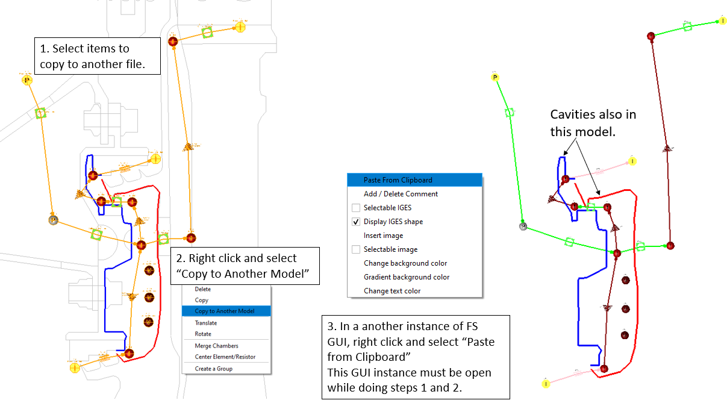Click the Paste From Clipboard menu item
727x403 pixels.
tap(398, 180)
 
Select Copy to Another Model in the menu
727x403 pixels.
tap(224, 311)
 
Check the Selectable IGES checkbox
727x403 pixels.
tap(356, 208)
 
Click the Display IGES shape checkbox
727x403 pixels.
tap(356, 222)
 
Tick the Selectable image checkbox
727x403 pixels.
tap(356, 249)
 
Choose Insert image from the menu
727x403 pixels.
tap(383, 236)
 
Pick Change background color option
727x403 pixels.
tap(405, 263)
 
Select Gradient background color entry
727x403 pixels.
tap(406, 277)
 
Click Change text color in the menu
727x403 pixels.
tap(392, 291)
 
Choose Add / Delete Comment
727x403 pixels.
tap(401, 194)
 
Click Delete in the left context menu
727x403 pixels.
tap(202, 289)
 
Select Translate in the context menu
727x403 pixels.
tap(206, 323)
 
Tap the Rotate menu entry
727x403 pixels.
tap(203, 334)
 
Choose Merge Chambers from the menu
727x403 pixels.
tap(216, 346)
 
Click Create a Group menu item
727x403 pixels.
tap(213, 369)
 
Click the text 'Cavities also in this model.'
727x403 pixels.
tap(593, 123)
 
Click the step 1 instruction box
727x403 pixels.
tap(98, 56)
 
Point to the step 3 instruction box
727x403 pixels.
tap(416, 357)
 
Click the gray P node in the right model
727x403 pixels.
tap(523, 226)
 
